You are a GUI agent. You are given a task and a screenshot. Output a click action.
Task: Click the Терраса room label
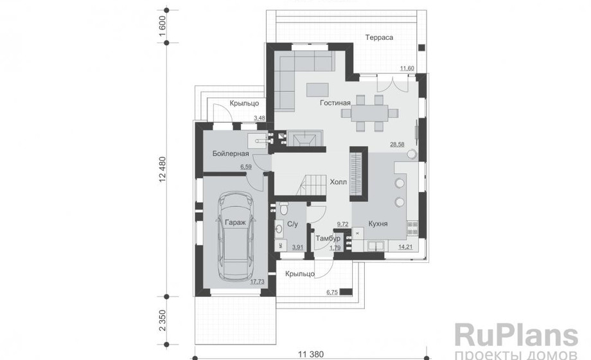[379, 37]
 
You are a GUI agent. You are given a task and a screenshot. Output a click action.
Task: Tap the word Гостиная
[335, 103]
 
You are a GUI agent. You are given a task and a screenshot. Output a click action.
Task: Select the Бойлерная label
[230, 154]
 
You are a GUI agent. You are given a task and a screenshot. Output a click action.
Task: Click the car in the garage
[235, 237]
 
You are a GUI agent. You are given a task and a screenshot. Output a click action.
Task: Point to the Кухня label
[378, 224]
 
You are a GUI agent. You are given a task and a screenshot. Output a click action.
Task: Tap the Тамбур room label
[328, 239]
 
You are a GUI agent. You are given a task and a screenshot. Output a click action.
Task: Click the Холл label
[338, 183]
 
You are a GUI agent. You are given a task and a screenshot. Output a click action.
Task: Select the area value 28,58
[397, 145]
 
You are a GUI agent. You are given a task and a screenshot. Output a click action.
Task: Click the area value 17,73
[257, 282]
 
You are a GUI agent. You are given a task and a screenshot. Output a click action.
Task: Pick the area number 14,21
[405, 248]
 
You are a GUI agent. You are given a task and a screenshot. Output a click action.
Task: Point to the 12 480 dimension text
[162, 170]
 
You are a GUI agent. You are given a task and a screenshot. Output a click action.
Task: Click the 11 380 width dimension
[310, 354]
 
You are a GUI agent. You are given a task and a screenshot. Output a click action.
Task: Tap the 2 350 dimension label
[162, 320]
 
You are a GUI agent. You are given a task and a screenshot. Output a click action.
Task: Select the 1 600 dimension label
[162, 26]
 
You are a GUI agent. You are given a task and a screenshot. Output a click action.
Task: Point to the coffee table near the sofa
[317, 90]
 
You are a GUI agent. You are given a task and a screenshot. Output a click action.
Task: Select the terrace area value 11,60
[407, 68]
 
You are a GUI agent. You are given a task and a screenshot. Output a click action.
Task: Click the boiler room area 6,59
[246, 166]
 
